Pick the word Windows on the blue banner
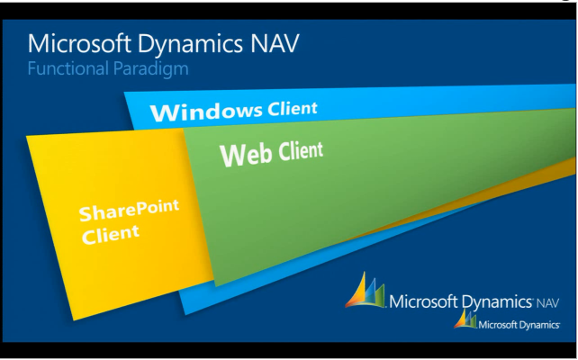coord(205,112)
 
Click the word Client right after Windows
coord(293,109)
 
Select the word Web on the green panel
coord(246,155)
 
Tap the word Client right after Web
coord(301,150)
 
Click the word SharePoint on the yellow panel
coord(129,212)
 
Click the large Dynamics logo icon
coord(366,292)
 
